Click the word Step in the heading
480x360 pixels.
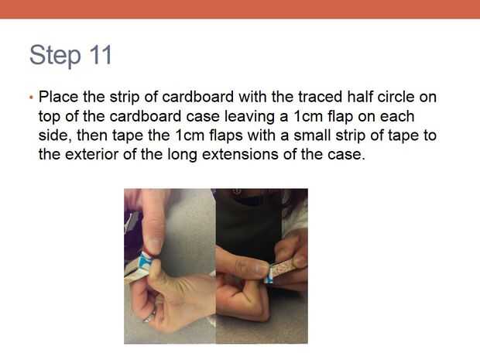[56, 55]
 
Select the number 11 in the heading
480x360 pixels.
[101, 54]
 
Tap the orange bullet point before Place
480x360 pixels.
[31, 98]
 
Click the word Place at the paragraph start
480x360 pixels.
[59, 97]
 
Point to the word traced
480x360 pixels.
[321, 97]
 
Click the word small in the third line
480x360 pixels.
[313, 135]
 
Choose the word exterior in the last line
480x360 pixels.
[91, 154]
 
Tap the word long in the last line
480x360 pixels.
[182, 155]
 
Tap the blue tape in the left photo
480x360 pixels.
[145, 262]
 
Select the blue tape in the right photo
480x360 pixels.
[269, 276]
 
